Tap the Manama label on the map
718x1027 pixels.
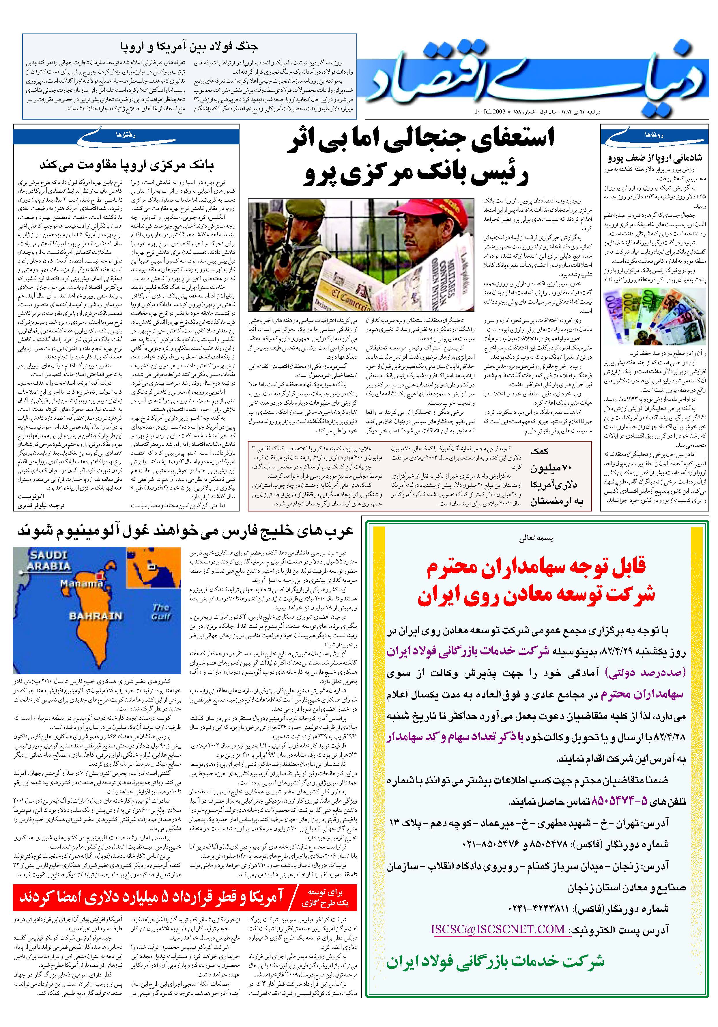[82, 584]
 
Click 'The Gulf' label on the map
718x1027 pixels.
[161, 611]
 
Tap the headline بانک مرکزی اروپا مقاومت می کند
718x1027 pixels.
[127, 165]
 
